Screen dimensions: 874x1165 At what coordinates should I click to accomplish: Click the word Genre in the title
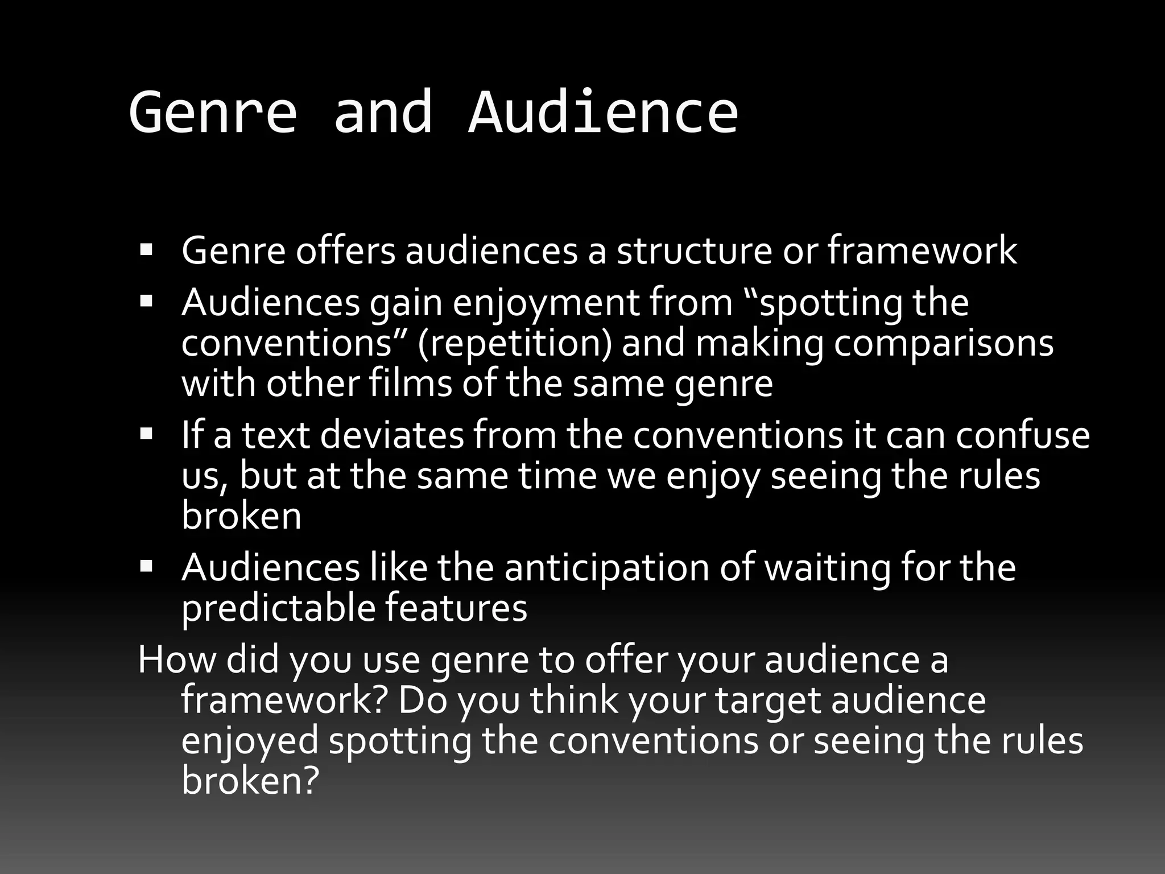[213, 113]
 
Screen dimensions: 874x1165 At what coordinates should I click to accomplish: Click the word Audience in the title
[603, 113]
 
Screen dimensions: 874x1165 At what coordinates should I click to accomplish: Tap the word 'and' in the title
[383, 113]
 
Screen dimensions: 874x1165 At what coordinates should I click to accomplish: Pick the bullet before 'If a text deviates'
[146, 434]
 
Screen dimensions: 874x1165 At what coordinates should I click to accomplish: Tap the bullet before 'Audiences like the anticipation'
[146, 566]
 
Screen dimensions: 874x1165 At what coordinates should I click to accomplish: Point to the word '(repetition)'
[515, 344]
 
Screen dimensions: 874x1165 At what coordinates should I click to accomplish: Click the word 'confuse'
[1022, 435]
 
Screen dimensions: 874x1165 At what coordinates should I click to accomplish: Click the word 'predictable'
[278, 608]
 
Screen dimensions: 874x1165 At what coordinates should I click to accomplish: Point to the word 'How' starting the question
[177, 660]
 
